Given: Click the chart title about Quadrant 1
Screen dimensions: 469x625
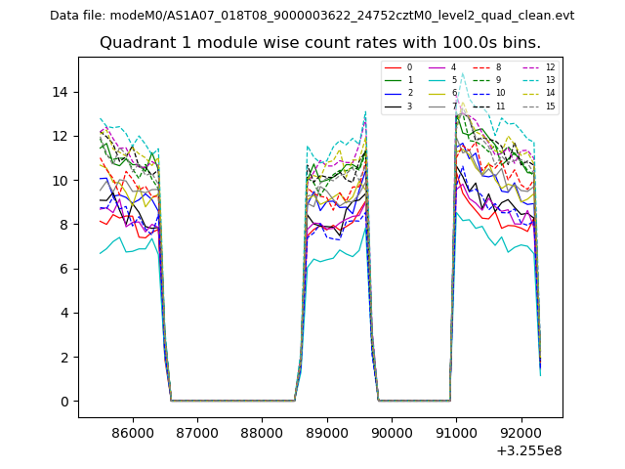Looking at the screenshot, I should click(319, 43).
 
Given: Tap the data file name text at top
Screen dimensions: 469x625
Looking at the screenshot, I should click(312, 16).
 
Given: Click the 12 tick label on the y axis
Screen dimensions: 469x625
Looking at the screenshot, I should click(65, 136).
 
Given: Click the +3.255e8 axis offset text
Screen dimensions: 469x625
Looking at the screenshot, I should click(529, 451).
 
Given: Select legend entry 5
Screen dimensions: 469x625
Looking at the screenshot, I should click(453, 80).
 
